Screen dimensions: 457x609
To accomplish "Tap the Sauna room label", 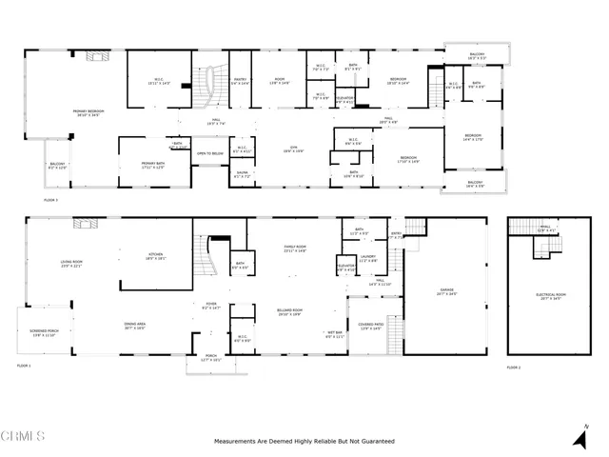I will point(242,174).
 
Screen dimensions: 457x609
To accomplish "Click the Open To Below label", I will point(210,153).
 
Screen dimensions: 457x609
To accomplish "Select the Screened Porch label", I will point(45,333).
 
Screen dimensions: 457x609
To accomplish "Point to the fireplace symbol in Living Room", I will point(84,225).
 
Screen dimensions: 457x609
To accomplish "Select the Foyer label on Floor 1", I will point(210,308).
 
